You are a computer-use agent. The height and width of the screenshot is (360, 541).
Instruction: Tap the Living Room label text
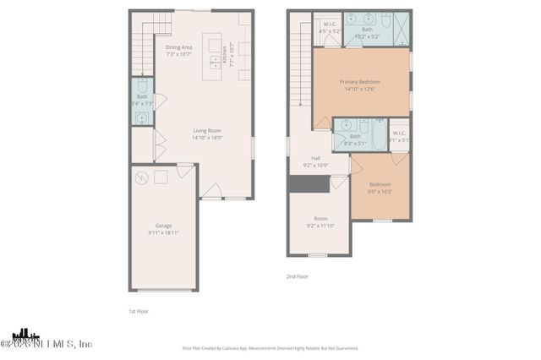point(206,134)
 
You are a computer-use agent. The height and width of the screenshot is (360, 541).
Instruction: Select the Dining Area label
point(179,51)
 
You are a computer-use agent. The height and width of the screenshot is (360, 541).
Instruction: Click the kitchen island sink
point(215,60)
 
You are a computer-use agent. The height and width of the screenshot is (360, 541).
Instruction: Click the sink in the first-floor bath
point(141,117)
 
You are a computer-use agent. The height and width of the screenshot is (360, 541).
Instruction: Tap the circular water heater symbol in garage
point(143,177)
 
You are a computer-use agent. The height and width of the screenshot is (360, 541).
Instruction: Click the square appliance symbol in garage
point(161,175)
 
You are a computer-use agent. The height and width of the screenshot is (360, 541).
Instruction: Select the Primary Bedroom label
point(360,85)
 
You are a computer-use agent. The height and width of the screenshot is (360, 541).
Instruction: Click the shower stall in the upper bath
point(402,28)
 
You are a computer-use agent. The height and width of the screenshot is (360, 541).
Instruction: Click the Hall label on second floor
point(315,161)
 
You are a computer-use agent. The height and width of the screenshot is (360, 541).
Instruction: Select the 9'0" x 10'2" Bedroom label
point(380,188)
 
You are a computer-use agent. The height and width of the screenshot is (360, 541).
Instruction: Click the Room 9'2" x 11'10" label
point(320,221)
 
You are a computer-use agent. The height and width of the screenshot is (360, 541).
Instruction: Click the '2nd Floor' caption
point(298,275)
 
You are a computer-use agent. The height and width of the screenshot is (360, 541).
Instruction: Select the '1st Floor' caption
point(139,311)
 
